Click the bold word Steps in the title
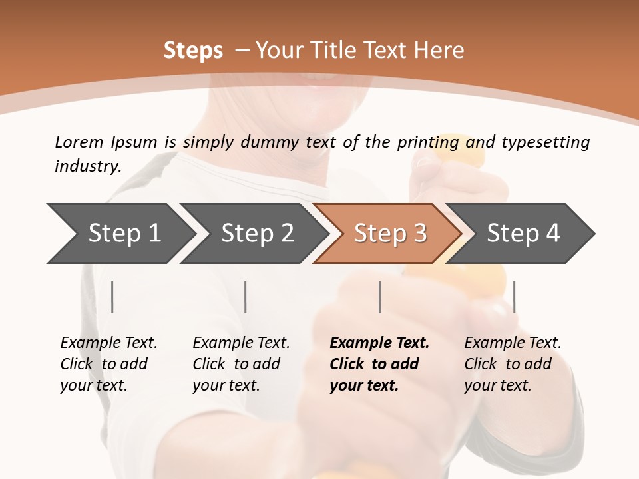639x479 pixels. pos(193,51)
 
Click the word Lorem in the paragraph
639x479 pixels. pos(79,142)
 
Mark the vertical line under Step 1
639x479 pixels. pos(112,297)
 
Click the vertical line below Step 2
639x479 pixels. pos(246,297)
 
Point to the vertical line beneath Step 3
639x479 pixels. pos(379,297)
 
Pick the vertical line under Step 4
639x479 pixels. pos(514,297)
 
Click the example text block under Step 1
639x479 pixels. pos(108,364)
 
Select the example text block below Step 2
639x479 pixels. pos(241,364)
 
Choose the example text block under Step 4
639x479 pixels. pos(513,364)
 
